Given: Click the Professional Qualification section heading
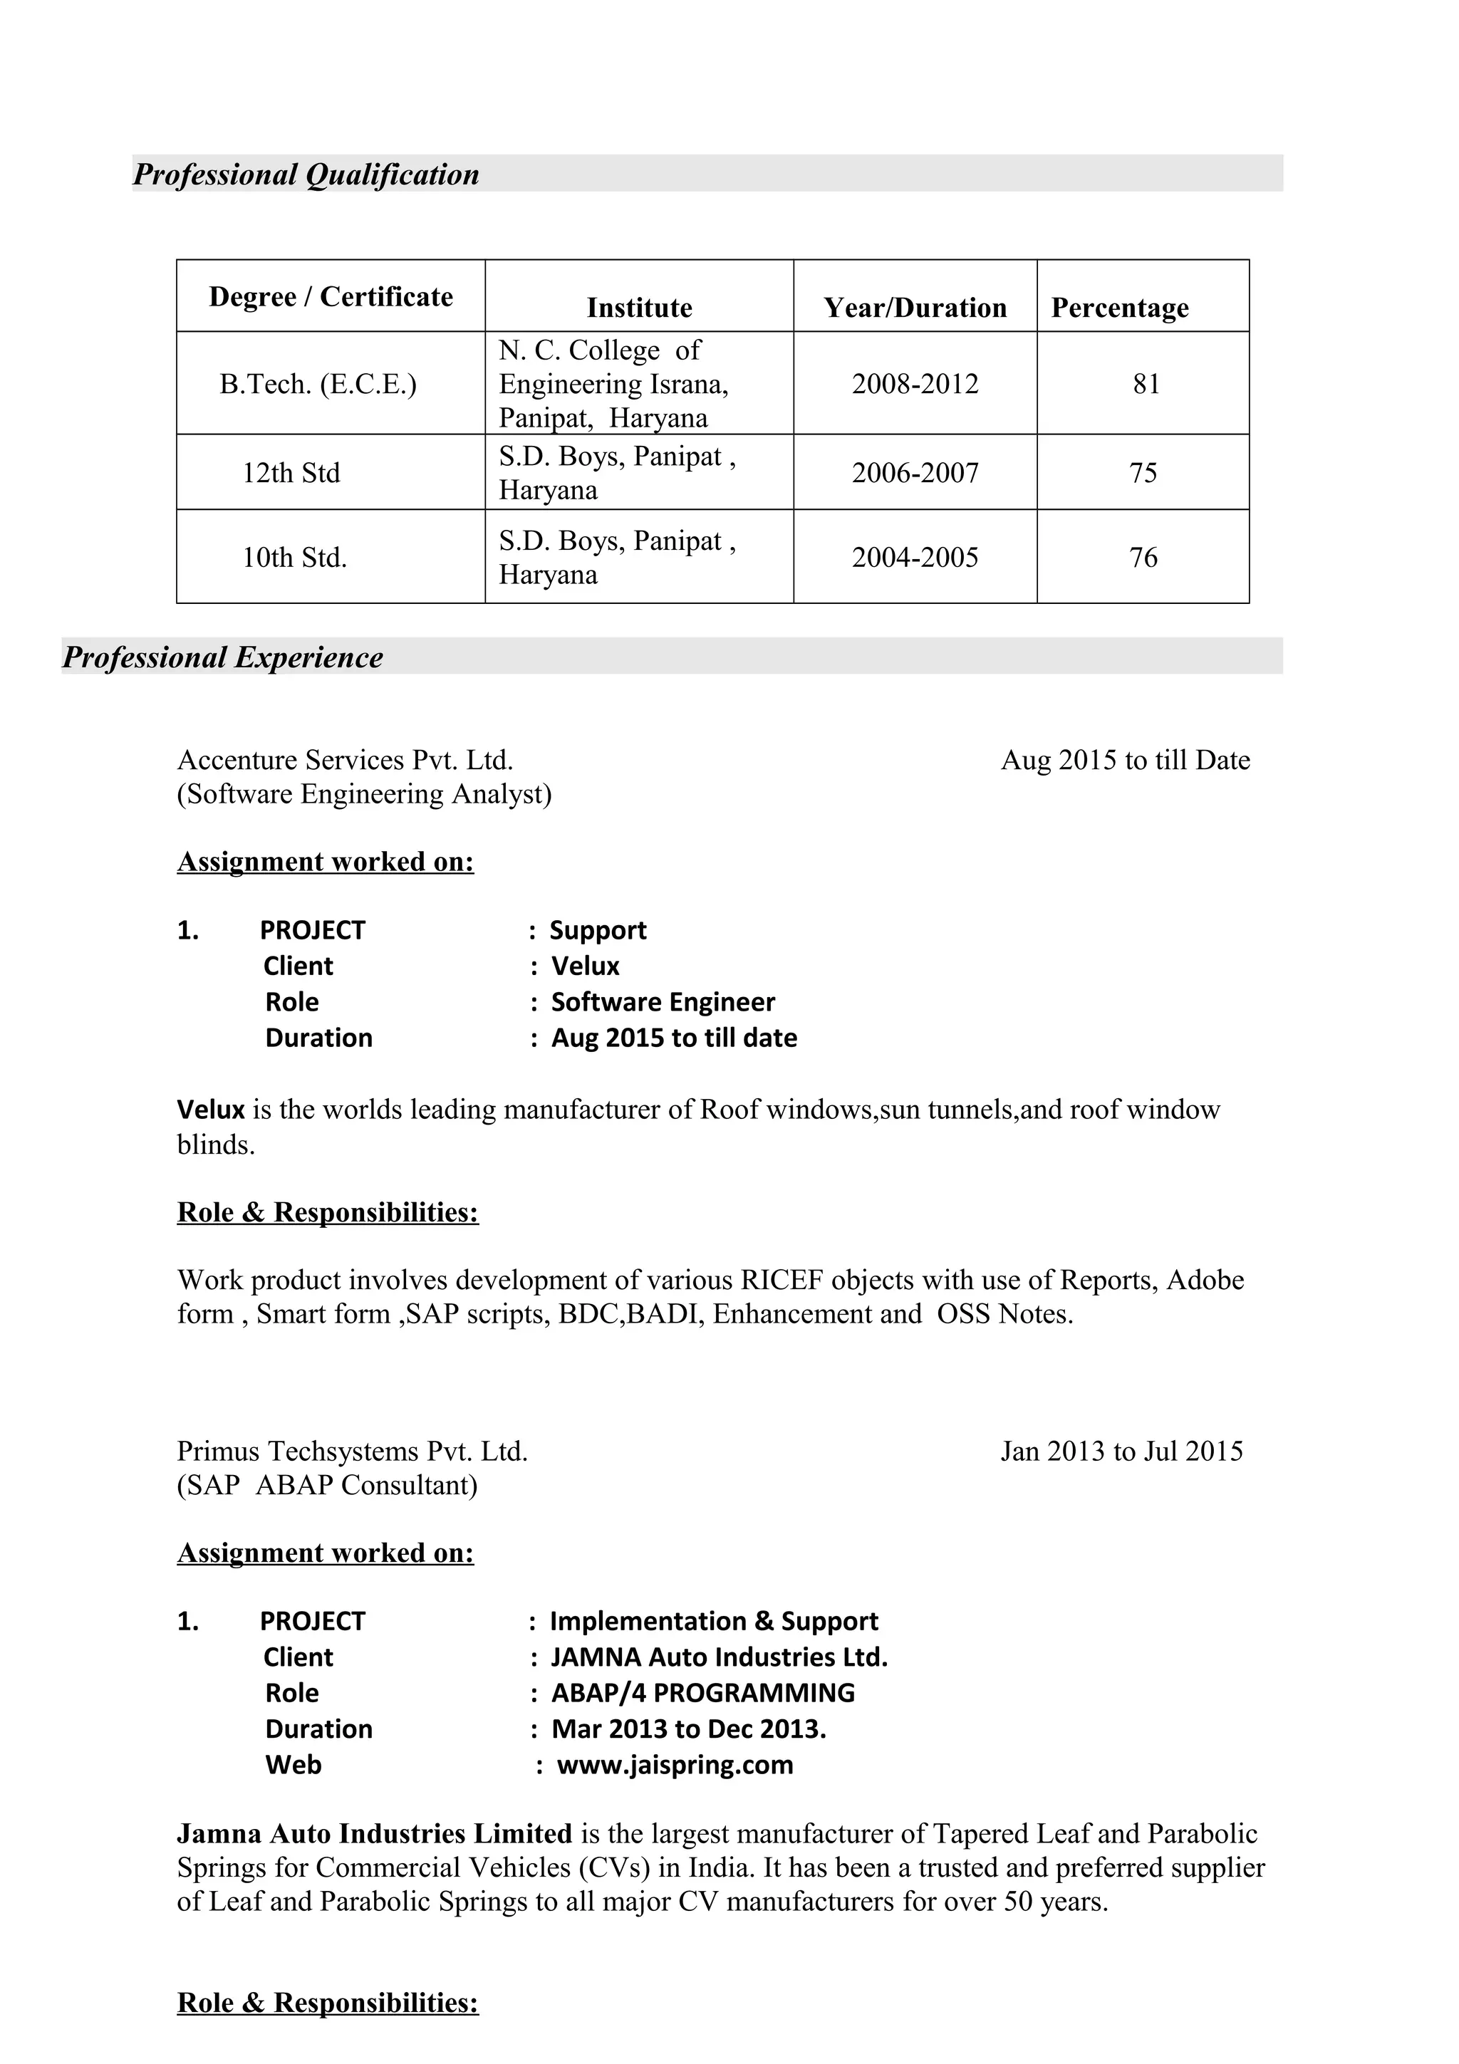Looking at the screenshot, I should tap(306, 174).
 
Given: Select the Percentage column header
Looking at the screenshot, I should tap(1119, 308).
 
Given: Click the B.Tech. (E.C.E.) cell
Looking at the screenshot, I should tap(318, 384).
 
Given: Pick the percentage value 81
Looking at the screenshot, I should tap(1146, 384).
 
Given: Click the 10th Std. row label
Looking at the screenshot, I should tap(294, 558).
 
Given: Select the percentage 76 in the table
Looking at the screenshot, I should tap(1143, 558).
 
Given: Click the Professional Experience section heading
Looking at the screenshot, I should tap(223, 657).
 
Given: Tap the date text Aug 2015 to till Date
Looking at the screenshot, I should tap(1125, 761).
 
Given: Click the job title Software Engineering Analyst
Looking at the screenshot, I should tap(364, 795).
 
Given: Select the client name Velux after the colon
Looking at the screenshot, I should tap(585, 966).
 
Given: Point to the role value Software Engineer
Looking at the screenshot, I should tap(663, 1002).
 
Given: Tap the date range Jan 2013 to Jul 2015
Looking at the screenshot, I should tap(1121, 1451).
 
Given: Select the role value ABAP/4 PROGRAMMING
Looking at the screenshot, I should tap(702, 1694).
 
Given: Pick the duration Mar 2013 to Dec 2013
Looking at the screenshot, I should tap(687, 1729).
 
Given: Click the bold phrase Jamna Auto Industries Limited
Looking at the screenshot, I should tap(374, 1834).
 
